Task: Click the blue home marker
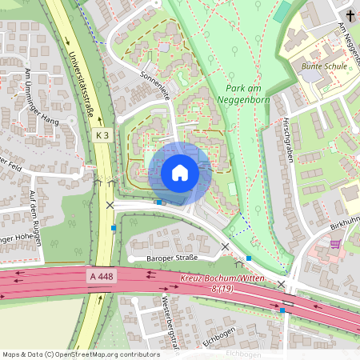(180, 172)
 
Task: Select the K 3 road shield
(101, 136)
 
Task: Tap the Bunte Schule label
(324, 66)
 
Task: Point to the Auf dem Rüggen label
(33, 212)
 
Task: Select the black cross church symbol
(350, 15)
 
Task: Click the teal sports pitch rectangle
(282, 11)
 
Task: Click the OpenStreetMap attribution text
(80, 354)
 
